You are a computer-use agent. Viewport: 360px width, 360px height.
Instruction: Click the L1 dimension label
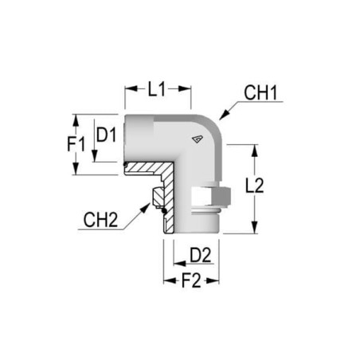(x=157, y=89)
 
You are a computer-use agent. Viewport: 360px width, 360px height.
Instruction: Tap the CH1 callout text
(x=260, y=93)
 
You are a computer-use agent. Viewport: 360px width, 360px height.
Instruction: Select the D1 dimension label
(x=106, y=135)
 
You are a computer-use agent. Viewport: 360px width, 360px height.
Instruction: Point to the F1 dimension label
(x=76, y=144)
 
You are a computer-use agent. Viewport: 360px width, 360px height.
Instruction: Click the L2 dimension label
(x=254, y=185)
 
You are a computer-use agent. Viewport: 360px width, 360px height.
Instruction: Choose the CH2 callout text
(x=100, y=220)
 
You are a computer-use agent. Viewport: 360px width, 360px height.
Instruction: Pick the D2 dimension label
(x=201, y=256)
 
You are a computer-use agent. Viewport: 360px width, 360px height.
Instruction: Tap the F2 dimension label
(x=191, y=280)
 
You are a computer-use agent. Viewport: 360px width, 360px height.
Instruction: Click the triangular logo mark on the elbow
(x=198, y=139)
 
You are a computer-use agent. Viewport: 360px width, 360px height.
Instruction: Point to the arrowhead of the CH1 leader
(x=225, y=115)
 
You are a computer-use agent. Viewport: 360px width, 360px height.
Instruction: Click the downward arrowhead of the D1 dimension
(x=95, y=155)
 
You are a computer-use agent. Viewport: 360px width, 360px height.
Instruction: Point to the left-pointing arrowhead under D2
(x=180, y=264)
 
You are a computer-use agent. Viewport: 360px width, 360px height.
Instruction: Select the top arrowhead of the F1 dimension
(x=76, y=120)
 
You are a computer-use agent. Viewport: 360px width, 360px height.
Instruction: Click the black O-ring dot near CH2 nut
(x=164, y=211)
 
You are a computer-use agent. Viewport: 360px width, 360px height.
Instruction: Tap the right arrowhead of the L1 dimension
(x=185, y=88)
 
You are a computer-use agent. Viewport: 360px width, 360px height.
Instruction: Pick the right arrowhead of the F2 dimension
(x=213, y=280)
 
